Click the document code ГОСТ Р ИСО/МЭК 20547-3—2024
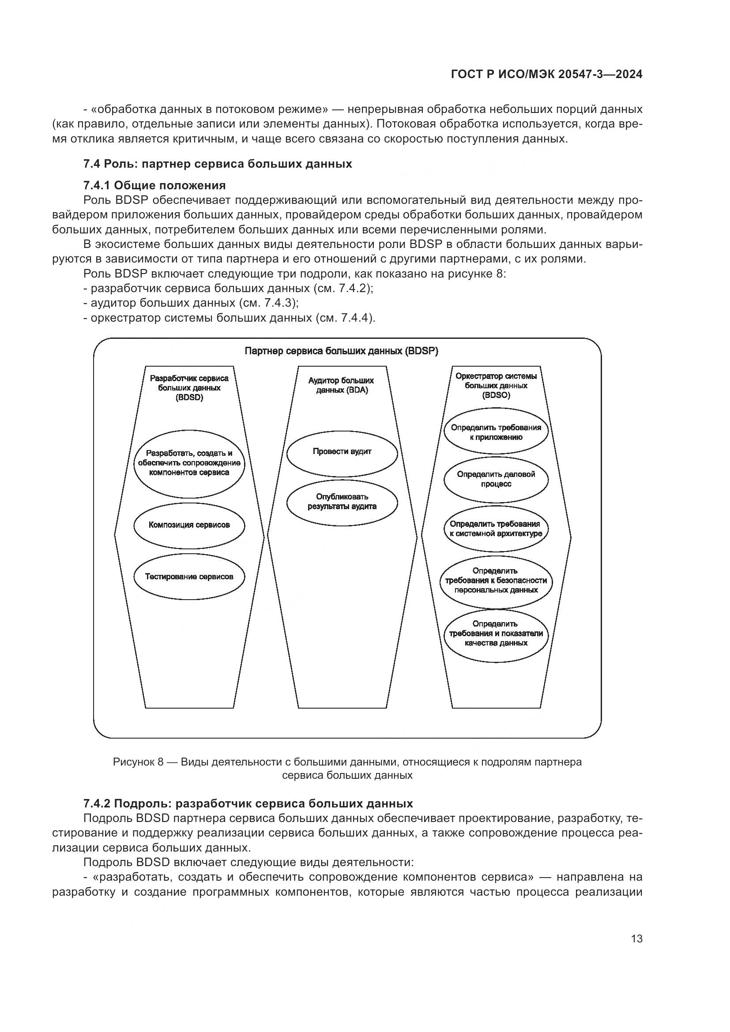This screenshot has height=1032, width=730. click(x=546, y=75)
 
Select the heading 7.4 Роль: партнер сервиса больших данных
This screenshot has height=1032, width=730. click(x=218, y=164)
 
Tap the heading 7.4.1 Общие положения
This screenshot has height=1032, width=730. click(x=154, y=185)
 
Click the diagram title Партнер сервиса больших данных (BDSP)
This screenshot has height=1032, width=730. click(x=342, y=351)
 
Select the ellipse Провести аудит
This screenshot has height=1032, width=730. click(x=342, y=452)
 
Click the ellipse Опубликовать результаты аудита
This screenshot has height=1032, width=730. click(x=342, y=502)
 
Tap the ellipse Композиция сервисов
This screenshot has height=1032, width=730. click(x=189, y=525)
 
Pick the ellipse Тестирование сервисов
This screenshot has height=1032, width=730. click(x=189, y=577)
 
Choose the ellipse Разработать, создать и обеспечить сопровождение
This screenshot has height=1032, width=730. click(x=189, y=463)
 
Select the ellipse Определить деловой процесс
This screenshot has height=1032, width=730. click(x=496, y=479)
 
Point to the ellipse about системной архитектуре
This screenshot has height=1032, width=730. click(x=496, y=529)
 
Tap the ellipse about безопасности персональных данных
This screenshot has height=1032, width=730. click(x=496, y=580)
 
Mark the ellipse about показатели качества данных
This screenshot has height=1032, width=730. click(x=496, y=633)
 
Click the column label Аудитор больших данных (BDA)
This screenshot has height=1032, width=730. click(x=342, y=385)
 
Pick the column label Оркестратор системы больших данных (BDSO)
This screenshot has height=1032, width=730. click(x=496, y=386)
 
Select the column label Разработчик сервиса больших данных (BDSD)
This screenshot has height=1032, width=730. click(x=189, y=388)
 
